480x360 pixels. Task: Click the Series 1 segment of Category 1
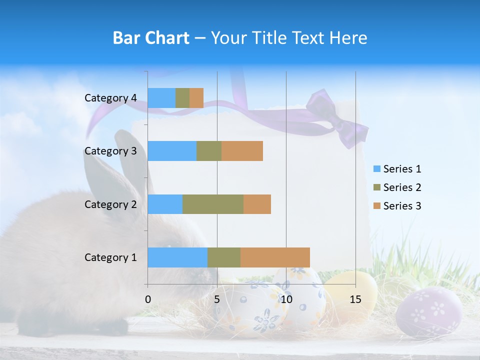coord(177,257)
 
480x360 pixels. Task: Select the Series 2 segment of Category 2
coord(213,204)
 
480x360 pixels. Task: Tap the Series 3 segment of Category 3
coord(242,151)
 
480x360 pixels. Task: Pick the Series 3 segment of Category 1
coord(275,257)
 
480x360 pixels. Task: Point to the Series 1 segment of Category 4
coord(161,98)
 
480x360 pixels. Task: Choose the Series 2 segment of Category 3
coord(209,151)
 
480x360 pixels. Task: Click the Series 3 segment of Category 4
coord(196,98)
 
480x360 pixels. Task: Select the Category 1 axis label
coord(110,257)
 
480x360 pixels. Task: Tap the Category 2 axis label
coord(110,204)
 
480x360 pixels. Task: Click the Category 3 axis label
coord(110,151)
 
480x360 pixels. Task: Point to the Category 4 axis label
coord(110,98)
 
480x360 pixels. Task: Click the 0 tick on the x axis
coord(148,299)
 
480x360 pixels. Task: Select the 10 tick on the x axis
coord(286,299)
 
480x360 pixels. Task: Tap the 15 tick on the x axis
coord(355,299)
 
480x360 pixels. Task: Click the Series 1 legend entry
coord(397,169)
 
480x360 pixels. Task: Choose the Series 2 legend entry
coord(397,187)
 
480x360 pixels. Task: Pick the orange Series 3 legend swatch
coord(376,206)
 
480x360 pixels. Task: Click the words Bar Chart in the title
coord(151,38)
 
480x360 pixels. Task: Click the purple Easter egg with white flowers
coord(428,312)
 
